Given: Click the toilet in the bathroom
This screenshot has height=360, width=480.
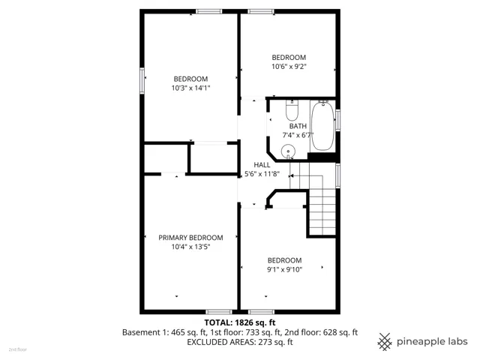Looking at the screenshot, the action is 292,110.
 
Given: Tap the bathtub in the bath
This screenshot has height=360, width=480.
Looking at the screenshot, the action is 322,126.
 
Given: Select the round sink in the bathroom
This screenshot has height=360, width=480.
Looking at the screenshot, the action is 288,151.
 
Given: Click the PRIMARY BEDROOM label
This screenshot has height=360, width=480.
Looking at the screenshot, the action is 190,238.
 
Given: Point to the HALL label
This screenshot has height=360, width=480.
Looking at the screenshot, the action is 262,165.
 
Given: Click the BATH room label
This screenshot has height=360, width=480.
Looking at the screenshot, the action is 298,126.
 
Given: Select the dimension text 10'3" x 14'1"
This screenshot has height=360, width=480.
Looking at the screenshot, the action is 190,88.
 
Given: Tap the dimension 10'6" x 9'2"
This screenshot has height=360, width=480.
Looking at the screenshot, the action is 289,67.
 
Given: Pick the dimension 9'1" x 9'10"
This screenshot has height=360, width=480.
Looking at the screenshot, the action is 285,270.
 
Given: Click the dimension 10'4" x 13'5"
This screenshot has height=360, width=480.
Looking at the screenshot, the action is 190,247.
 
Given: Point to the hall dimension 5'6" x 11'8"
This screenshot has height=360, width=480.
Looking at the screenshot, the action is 262,174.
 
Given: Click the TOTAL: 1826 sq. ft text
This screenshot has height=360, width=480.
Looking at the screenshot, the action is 240,322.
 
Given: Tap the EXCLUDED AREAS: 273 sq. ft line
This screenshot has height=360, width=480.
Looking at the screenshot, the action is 240,342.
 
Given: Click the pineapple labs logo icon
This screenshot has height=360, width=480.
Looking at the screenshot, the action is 385,342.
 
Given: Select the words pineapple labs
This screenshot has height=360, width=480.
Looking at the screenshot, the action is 432,342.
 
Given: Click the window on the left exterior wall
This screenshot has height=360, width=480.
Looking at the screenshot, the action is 142,80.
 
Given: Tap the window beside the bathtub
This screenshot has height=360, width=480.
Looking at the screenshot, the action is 338,120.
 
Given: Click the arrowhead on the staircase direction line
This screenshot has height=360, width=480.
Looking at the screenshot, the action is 291,176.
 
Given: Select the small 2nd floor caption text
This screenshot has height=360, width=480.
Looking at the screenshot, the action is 18,349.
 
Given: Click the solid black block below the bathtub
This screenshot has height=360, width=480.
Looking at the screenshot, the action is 323,157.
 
